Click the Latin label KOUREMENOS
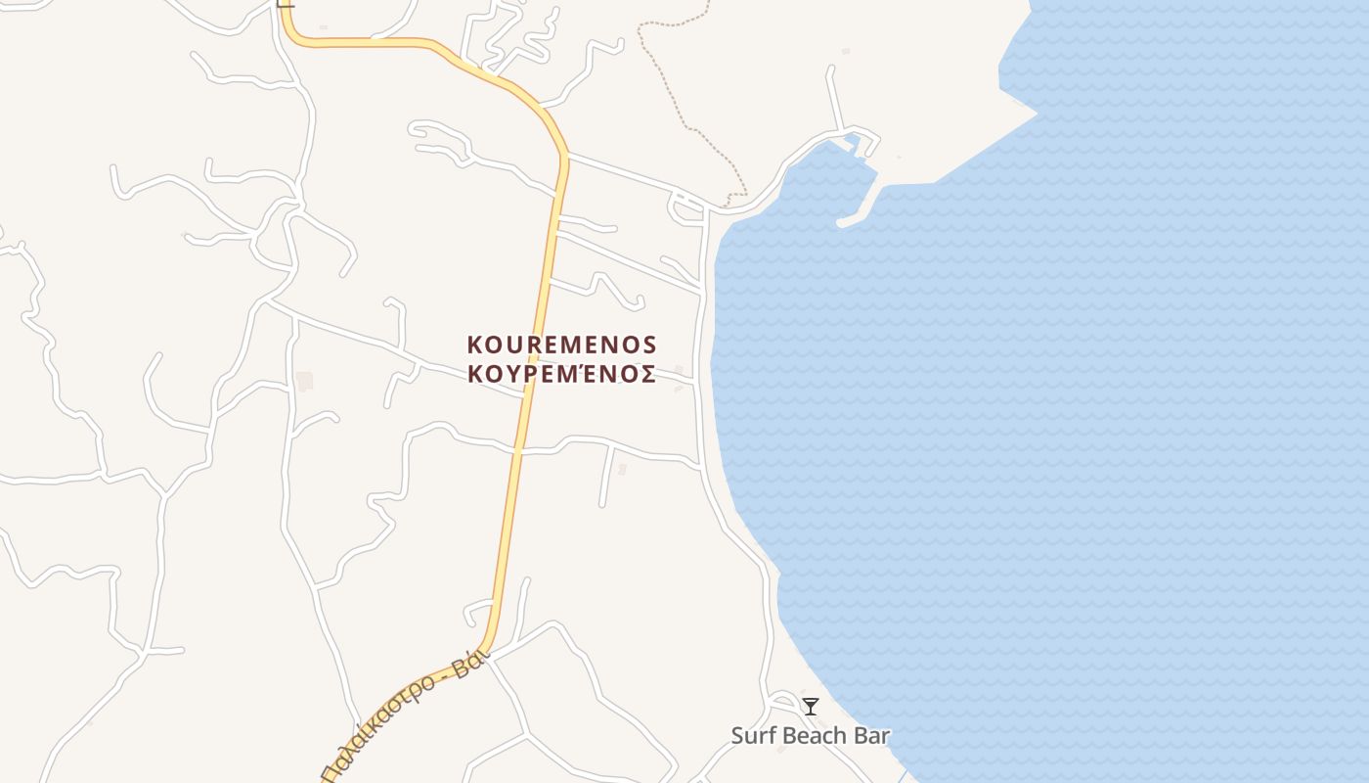tap(561, 345)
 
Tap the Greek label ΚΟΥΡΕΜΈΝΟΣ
tap(561, 375)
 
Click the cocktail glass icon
tap(811, 707)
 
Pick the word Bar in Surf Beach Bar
tap(872, 736)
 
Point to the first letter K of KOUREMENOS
tap(475, 345)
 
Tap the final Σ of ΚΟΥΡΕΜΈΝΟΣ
tap(647, 375)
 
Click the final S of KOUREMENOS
tap(648, 345)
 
